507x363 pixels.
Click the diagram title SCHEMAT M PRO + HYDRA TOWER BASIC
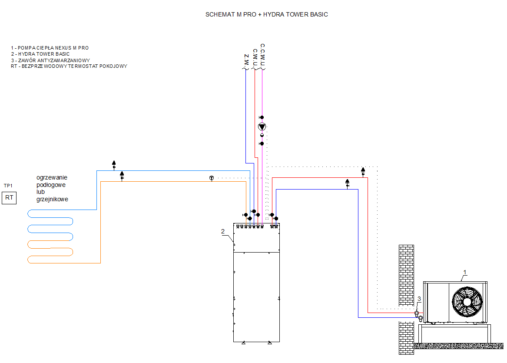pos(266,14)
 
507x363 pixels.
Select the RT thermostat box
pos(9,198)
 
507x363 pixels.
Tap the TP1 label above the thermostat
pos(8,186)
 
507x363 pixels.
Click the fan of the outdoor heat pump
pos(467,302)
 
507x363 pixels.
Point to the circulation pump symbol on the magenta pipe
pos(262,127)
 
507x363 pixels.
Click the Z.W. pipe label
pos(246,60)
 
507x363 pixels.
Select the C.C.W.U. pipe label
pos(262,55)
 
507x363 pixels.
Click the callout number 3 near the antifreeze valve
pos(419,299)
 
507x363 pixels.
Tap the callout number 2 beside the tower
pos(223,231)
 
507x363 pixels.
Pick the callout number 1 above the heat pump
pos(465,273)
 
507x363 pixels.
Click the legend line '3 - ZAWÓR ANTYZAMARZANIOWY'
pos(50,60)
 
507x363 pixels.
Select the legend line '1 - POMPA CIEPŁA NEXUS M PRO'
pos(50,48)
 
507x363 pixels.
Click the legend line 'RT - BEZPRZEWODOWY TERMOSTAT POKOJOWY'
pos(69,67)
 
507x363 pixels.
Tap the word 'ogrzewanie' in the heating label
pos(52,178)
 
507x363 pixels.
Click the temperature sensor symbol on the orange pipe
pos(212,178)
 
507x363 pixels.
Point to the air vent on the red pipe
pos(363,172)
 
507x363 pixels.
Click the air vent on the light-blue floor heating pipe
pos(114,165)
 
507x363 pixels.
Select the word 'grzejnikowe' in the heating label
pos(53,199)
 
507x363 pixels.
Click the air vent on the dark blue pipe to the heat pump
pos(347,183)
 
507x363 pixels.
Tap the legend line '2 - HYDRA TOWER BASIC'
pos(40,54)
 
